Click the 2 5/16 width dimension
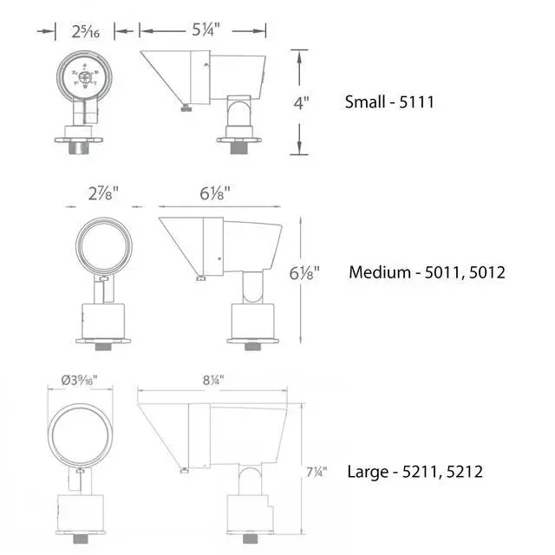click(x=85, y=32)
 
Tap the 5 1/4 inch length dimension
click(x=206, y=29)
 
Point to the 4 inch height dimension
click(x=301, y=103)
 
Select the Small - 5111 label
click(x=389, y=102)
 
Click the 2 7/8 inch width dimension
click(x=103, y=193)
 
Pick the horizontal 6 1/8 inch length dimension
click(x=215, y=193)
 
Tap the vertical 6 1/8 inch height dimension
click(x=304, y=273)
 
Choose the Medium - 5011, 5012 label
click(x=427, y=272)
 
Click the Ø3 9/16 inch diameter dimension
click(x=79, y=381)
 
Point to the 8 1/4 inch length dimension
click(x=213, y=381)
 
